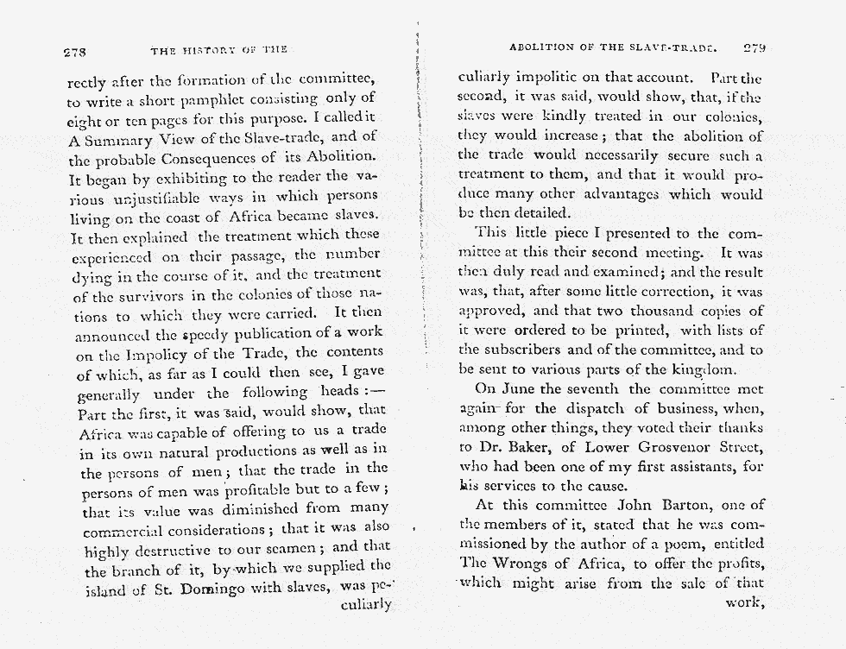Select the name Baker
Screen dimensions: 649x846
pyautogui.click(x=517, y=446)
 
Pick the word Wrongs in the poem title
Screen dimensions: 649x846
pyautogui.click(x=523, y=564)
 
